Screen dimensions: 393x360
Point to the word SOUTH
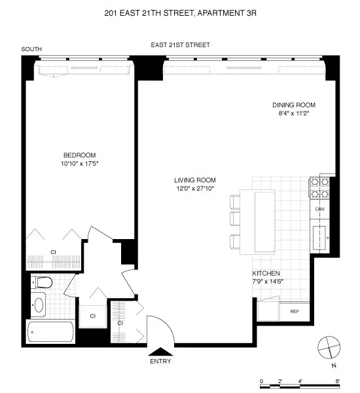(x=32, y=49)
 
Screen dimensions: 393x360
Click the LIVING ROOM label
(x=195, y=180)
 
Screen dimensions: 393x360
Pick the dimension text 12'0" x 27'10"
(x=195, y=189)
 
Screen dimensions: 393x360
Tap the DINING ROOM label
(x=294, y=105)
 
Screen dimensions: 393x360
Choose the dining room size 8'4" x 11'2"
(x=294, y=113)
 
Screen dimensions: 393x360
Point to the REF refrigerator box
(x=294, y=311)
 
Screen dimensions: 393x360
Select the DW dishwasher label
(x=320, y=209)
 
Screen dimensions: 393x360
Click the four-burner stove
(x=319, y=187)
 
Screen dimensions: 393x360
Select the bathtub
(x=52, y=332)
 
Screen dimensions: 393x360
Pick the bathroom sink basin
(x=39, y=305)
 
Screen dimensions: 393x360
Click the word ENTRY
(x=160, y=361)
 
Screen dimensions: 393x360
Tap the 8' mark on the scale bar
(x=338, y=381)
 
